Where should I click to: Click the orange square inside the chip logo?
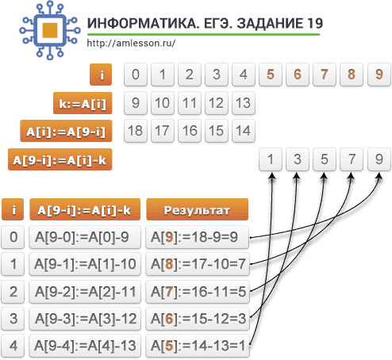point(50,30)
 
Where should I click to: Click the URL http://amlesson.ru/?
point(131,43)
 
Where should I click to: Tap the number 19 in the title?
point(314,24)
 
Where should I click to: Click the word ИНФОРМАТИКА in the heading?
point(144,24)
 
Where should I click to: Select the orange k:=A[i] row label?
point(83,103)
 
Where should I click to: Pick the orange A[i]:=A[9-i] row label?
point(66,131)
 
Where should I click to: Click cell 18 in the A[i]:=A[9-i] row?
point(136,131)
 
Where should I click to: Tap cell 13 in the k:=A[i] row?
point(244,103)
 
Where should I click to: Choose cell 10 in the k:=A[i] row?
point(163,103)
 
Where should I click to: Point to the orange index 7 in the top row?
point(325,75)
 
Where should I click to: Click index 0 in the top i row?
point(136,75)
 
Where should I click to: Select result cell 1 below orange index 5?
point(271,159)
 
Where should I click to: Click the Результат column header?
point(197,209)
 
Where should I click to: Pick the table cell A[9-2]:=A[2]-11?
point(85,292)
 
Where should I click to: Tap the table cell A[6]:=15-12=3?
point(198,319)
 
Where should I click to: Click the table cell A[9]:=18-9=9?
point(197,237)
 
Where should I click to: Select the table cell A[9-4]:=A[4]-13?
point(85,346)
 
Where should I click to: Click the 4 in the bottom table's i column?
point(13,346)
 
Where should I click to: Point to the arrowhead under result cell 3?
point(297,176)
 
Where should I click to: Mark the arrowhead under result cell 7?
point(351,176)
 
